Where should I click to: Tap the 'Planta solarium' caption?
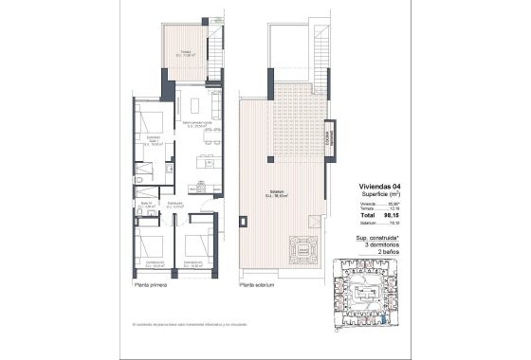click(x=259, y=285)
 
